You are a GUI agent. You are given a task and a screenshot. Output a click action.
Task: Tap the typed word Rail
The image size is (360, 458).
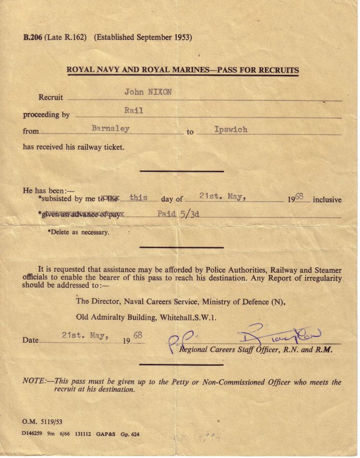(133, 110)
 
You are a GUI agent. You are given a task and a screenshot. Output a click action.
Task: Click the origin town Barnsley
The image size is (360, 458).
(110, 129)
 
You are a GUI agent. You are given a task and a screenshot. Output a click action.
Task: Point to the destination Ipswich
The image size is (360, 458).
(231, 130)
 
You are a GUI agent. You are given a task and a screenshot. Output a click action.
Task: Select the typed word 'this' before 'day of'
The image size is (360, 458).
(138, 198)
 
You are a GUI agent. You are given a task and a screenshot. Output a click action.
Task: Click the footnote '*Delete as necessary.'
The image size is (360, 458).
(78, 232)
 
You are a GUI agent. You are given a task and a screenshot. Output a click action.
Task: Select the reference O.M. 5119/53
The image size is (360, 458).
(42, 422)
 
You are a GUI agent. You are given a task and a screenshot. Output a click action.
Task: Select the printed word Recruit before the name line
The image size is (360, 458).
(50, 97)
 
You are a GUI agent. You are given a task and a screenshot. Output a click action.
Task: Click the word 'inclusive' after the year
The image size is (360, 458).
(327, 200)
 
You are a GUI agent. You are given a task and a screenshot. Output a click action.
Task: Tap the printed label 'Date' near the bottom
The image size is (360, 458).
(30, 340)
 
